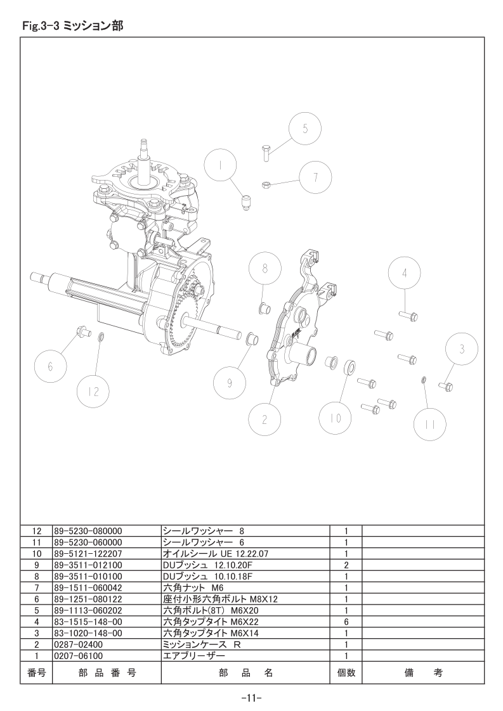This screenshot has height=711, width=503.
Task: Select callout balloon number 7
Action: (315, 177)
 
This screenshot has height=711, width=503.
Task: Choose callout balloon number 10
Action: (336, 418)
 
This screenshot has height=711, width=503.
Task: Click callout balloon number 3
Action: (462, 349)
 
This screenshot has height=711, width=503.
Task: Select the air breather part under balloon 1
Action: (246, 204)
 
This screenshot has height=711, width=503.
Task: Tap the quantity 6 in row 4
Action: (346, 622)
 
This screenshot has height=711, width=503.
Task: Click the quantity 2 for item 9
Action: (346, 565)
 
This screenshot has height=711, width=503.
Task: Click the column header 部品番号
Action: (106, 674)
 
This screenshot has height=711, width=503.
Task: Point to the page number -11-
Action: (252, 698)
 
